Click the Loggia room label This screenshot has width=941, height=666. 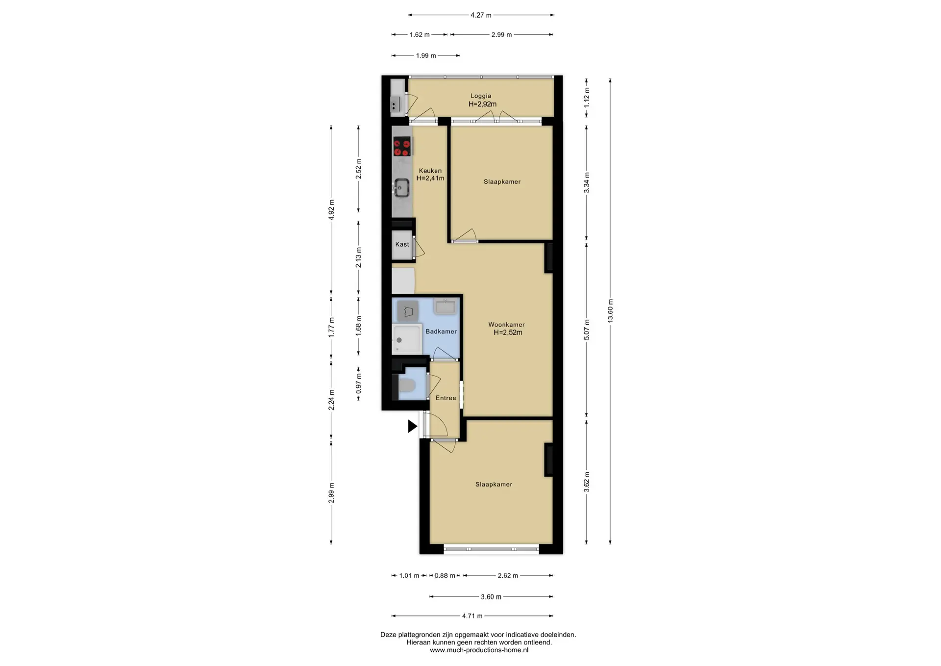pyautogui.click(x=481, y=96)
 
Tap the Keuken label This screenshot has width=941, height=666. pyautogui.click(x=430, y=171)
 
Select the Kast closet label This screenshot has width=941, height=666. pyautogui.click(x=402, y=244)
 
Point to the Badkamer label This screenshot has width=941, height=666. pyautogui.click(x=441, y=332)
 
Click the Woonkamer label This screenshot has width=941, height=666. pyautogui.click(x=506, y=325)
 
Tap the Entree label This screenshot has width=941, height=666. pyautogui.click(x=446, y=398)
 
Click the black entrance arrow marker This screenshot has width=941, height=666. pyautogui.click(x=413, y=426)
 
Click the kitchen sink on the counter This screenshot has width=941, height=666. pyautogui.click(x=402, y=187)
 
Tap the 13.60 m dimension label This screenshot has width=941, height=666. pyautogui.click(x=610, y=311)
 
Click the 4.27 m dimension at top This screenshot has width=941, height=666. pyautogui.click(x=481, y=15)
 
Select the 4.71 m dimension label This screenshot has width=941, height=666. pyautogui.click(x=472, y=616)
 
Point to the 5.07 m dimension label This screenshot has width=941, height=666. pyautogui.click(x=587, y=330)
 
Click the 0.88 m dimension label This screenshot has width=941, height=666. pyautogui.click(x=445, y=576)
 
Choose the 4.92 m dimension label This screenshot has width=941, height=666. pyautogui.click(x=331, y=210)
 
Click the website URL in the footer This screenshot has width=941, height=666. pyautogui.click(x=479, y=650)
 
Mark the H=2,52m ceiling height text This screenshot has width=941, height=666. pyautogui.click(x=508, y=333)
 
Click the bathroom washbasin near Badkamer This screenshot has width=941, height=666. pyautogui.click(x=445, y=307)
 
